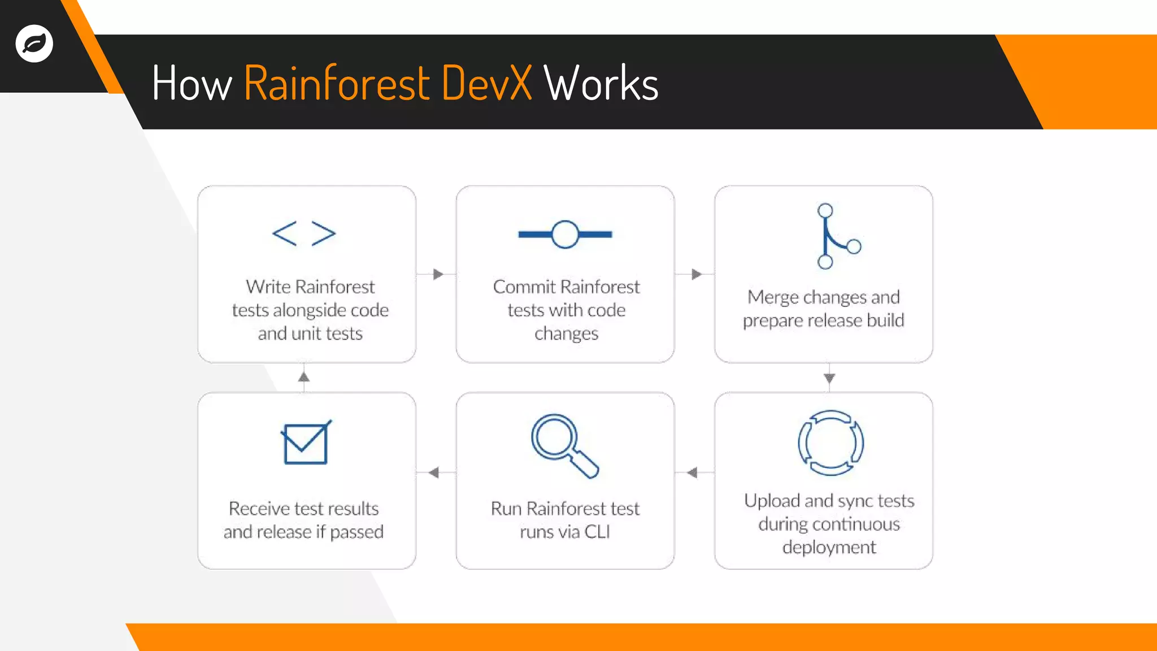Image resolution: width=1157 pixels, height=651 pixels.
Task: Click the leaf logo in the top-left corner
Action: pyautogui.click(x=34, y=44)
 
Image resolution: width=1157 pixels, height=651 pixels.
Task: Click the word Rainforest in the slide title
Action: pyautogui.click(x=337, y=84)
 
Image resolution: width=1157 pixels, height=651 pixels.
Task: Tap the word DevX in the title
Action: pyautogui.click(x=486, y=84)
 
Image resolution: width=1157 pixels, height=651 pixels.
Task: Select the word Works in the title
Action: pyautogui.click(x=601, y=84)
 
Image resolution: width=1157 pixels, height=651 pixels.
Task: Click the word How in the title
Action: pyautogui.click(x=192, y=84)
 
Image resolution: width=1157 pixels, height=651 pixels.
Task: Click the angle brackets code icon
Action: pyautogui.click(x=304, y=233)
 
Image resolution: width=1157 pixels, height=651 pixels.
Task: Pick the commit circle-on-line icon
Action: pyautogui.click(x=565, y=234)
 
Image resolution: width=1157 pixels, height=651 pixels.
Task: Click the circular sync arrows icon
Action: pyautogui.click(x=830, y=442)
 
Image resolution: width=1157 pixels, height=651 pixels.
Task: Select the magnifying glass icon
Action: pyautogui.click(x=564, y=445)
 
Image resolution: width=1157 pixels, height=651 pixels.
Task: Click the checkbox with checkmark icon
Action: pyautogui.click(x=306, y=443)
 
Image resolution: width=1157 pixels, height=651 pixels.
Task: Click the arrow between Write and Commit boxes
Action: pyautogui.click(x=438, y=274)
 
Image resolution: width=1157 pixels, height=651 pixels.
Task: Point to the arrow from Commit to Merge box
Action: pyautogui.click(x=696, y=274)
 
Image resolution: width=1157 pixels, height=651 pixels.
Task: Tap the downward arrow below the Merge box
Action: pyautogui.click(x=829, y=378)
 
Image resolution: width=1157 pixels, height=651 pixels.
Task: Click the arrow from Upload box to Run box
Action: pyautogui.click(x=693, y=472)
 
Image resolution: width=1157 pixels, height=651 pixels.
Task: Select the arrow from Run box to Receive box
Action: pyautogui.click(x=434, y=472)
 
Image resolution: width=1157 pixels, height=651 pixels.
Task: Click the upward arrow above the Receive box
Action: pyautogui.click(x=304, y=376)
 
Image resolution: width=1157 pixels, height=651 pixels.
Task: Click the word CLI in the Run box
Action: pyautogui.click(x=597, y=532)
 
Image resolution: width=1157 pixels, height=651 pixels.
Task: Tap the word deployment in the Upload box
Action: pyautogui.click(x=829, y=547)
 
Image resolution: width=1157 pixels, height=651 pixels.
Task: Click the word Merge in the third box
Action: pyautogui.click(x=772, y=297)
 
